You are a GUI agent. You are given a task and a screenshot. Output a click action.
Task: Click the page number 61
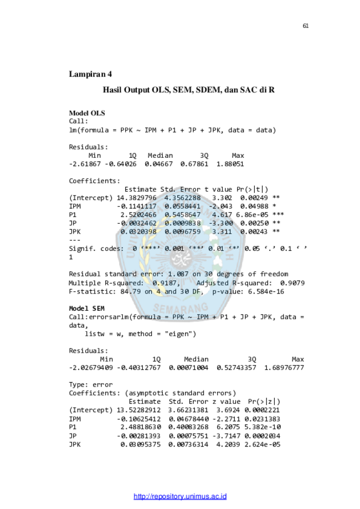(x=306, y=26)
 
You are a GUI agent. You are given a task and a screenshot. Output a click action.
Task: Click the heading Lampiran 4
(x=90, y=74)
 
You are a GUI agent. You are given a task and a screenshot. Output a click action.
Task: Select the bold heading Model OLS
(x=87, y=114)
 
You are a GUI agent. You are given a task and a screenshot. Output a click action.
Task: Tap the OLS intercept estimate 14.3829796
(x=136, y=198)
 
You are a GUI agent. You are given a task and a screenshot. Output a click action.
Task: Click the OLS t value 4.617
(x=222, y=215)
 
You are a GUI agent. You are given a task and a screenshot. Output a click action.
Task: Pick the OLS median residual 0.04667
(x=158, y=164)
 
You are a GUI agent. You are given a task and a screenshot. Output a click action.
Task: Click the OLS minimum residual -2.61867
(x=85, y=164)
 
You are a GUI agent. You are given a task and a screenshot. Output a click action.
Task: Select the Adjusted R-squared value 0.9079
(x=292, y=283)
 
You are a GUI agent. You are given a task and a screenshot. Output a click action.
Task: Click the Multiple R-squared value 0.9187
(x=164, y=283)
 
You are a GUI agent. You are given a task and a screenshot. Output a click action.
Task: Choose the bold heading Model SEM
(x=86, y=309)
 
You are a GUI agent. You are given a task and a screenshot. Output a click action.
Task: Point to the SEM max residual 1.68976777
(x=284, y=368)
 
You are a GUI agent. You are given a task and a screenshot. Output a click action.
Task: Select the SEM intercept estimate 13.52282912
(x=138, y=410)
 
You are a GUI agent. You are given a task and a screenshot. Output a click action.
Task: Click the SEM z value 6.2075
(x=228, y=427)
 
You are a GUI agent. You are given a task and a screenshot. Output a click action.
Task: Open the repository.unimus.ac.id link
(x=180, y=496)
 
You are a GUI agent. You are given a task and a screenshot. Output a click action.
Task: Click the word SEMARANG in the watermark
(x=181, y=308)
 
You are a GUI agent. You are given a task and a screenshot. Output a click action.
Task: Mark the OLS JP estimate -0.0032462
(x=136, y=223)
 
